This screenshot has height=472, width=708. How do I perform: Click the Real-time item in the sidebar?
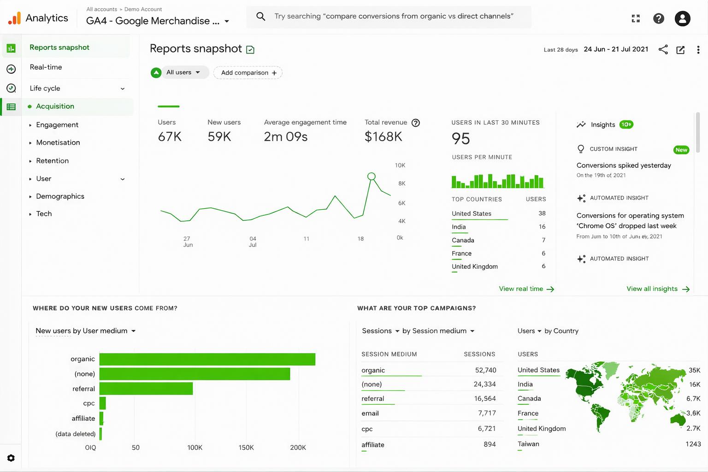coord(46,67)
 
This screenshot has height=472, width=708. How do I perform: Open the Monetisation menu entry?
coord(58,142)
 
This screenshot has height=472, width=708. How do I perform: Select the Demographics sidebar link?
coord(60,196)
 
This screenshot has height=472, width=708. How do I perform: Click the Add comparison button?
coord(248,73)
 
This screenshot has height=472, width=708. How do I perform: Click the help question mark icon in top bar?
coord(659,18)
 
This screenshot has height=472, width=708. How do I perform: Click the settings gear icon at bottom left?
coord(11,458)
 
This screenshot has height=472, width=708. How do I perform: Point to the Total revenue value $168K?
coord(383,136)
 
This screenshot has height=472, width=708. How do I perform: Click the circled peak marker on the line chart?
coord(371,176)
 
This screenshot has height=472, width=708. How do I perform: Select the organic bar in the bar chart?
coord(207,359)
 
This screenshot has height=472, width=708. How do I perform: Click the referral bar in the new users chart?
coord(146,389)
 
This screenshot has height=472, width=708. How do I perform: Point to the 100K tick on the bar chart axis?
coord(195,448)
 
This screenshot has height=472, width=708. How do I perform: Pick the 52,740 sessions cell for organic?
coord(485,370)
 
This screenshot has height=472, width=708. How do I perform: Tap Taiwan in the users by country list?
coord(528,444)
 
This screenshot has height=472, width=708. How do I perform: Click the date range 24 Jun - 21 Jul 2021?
coord(616,49)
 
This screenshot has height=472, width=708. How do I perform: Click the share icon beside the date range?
coord(663,50)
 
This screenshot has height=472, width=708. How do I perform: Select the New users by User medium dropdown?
coord(85,331)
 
